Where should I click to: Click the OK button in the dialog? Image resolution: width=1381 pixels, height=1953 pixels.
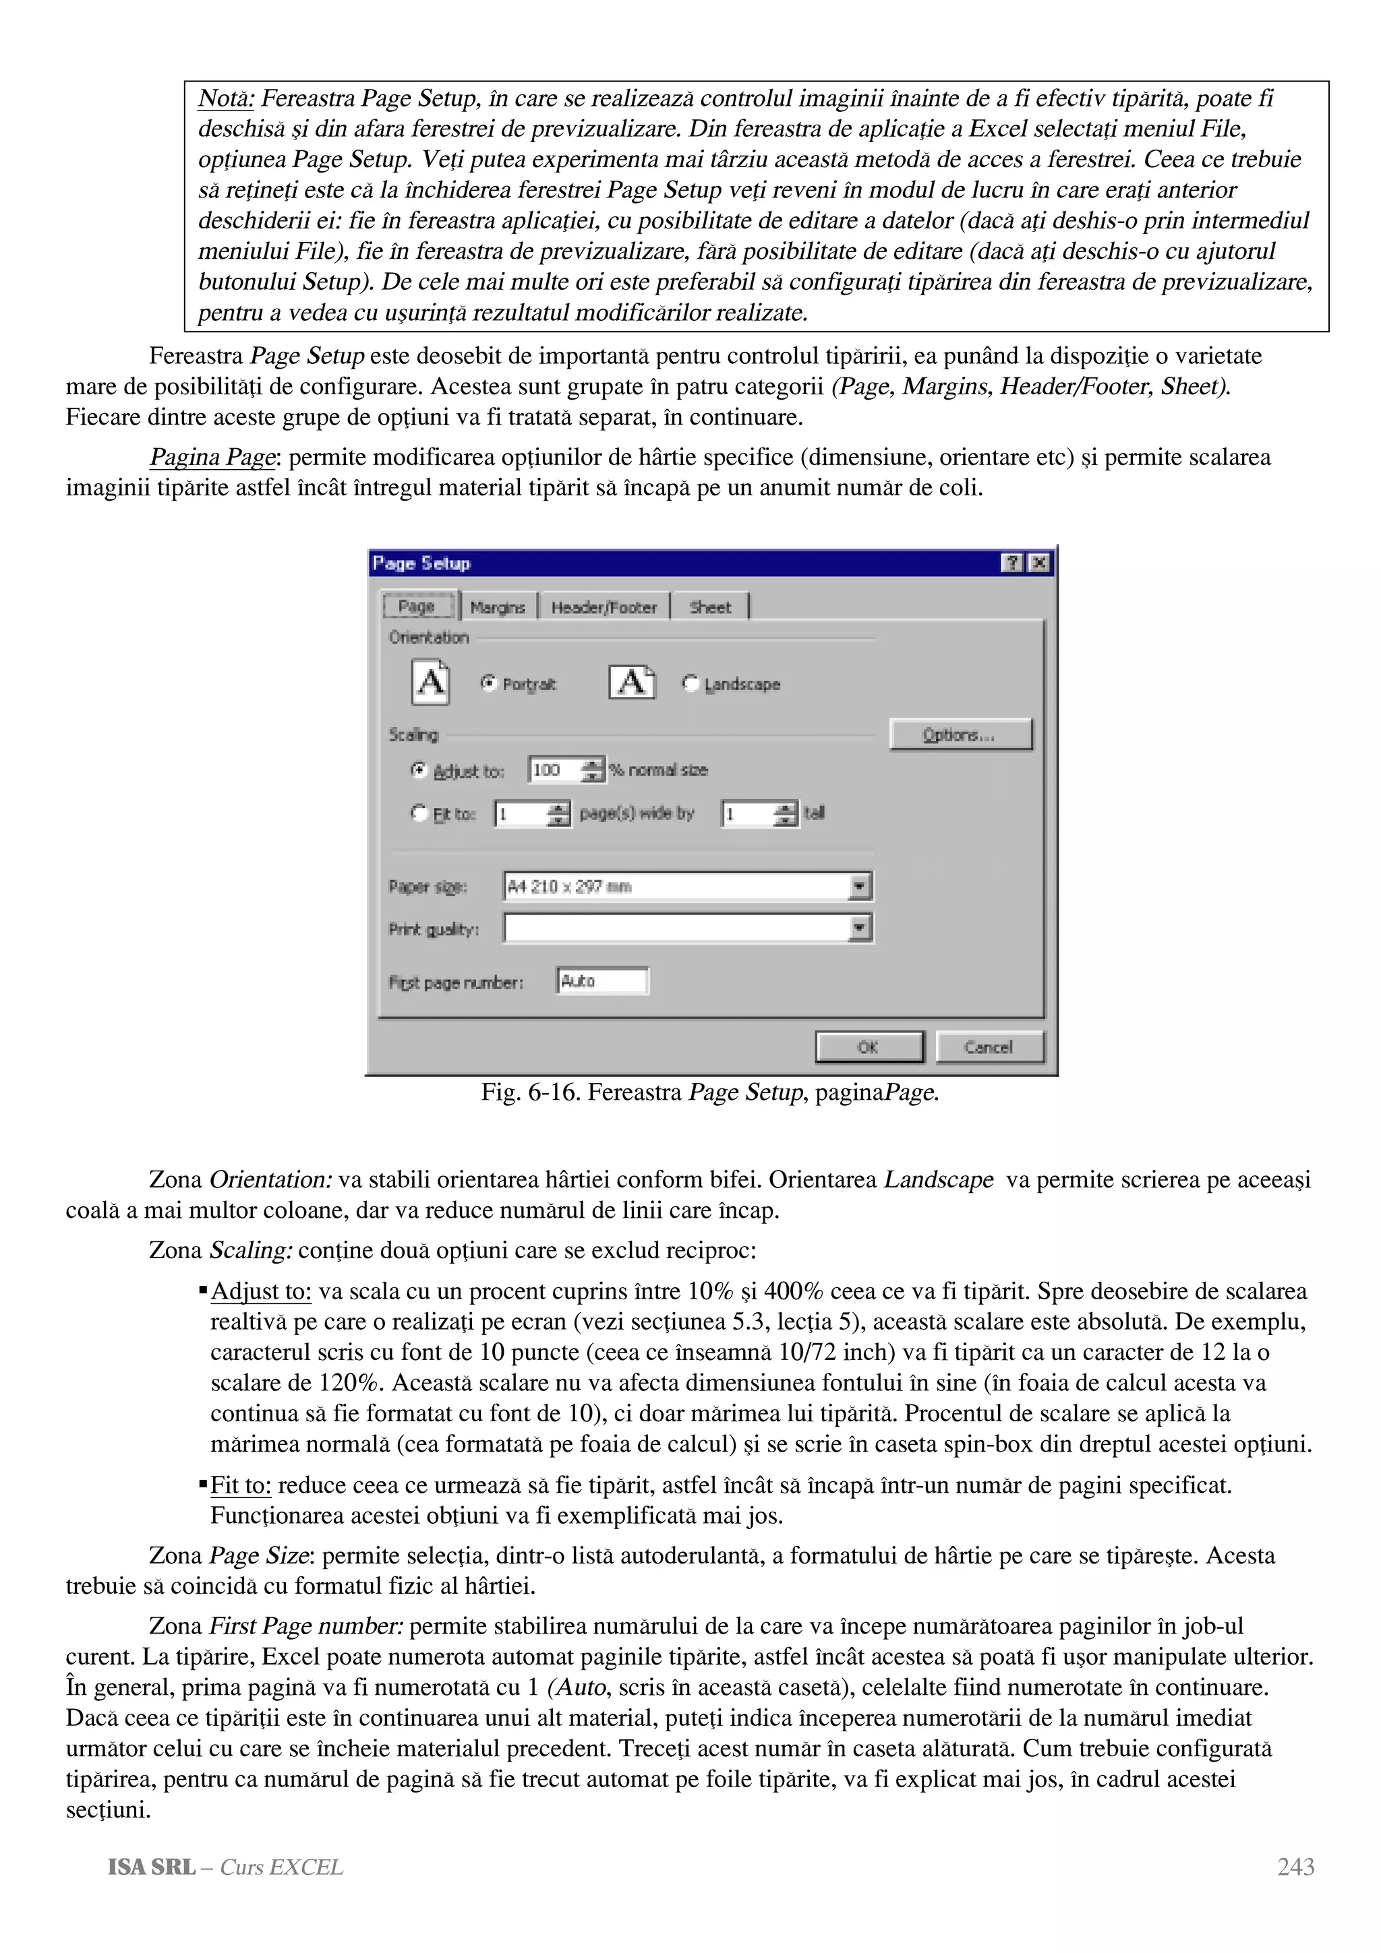(x=869, y=1047)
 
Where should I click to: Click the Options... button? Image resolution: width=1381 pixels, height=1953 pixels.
(x=960, y=734)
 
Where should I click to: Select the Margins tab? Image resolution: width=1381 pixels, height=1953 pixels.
(x=498, y=607)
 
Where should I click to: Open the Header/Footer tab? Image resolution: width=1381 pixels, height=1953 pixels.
(x=604, y=607)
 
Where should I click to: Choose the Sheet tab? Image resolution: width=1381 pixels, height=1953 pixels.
(x=709, y=607)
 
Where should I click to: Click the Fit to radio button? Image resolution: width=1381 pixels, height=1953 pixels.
(x=419, y=813)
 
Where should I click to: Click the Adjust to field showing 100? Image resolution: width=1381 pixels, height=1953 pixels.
(x=554, y=770)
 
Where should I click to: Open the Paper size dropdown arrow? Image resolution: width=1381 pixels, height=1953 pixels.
(x=860, y=886)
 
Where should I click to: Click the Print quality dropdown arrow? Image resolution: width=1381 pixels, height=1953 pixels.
(x=860, y=927)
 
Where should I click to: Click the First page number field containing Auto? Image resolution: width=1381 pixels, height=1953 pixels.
(x=601, y=981)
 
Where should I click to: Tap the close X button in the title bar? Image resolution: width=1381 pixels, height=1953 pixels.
(x=1039, y=563)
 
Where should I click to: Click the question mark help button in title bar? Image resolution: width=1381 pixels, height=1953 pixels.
(x=1013, y=563)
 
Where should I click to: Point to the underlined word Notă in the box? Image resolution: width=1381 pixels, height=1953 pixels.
(x=225, y=98)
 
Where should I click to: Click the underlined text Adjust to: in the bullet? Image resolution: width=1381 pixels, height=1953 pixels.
(x=260, y=1291)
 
